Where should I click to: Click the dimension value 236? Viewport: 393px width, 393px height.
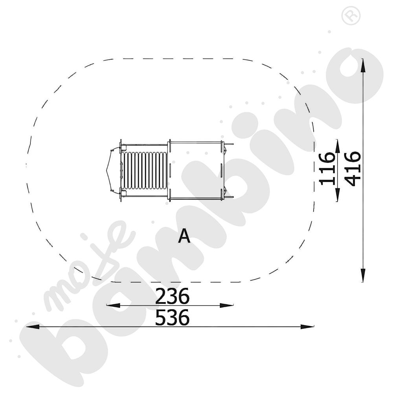172,296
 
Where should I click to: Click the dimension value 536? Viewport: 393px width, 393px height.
172,317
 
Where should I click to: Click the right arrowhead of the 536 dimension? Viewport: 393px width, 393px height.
307,327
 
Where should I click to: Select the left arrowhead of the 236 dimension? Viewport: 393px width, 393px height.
113,305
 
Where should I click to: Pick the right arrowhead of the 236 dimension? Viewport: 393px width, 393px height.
227,305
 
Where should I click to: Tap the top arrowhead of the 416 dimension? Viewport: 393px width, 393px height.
363,65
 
